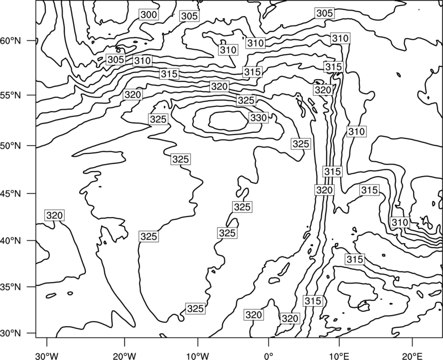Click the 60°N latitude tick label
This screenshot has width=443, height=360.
tap(11, 41)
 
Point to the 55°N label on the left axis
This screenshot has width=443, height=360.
tap(11, 95)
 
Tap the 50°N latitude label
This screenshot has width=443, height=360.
tap(11, 146)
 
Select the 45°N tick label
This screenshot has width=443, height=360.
tap(11, 194)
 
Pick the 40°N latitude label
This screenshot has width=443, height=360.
tap(11, 241)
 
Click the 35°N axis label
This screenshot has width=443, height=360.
tap(11, 287)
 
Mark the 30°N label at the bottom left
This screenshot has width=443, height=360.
tap(11, 333)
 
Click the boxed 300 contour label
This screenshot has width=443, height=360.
tap(148, 14)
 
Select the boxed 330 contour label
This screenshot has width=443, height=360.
tap(259, 117)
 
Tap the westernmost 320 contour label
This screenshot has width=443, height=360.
tap(54, 215)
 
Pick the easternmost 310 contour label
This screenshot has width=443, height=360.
tap(400, 223)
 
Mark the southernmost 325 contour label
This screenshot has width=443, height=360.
tap(195, 308)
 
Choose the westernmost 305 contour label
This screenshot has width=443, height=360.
tap(116, 59)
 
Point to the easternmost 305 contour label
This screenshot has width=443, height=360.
tap(324, 13)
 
